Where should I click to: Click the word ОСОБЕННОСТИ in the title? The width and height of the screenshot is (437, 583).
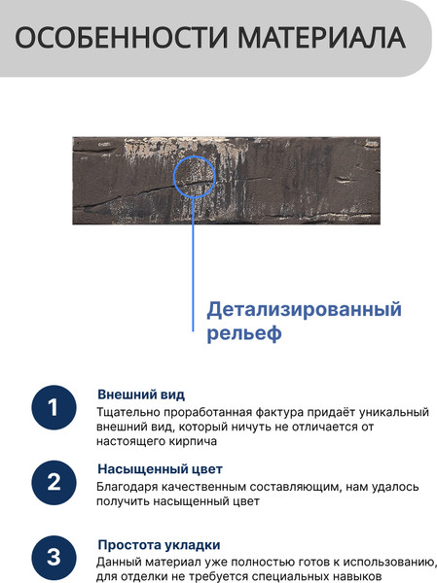121,38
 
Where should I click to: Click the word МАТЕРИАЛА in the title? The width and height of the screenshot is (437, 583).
321,38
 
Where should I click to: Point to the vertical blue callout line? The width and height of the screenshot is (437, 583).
193,264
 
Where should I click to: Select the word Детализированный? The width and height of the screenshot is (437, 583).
304,310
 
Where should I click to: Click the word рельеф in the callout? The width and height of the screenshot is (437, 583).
244,333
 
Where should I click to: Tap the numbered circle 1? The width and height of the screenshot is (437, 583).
54,407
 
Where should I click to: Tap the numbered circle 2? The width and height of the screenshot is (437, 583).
54,483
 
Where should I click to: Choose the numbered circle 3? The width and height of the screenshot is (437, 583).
54,558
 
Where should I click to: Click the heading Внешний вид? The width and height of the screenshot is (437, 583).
141,394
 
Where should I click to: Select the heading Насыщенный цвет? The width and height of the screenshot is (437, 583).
161,469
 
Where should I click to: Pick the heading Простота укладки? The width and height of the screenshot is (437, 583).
159,545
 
